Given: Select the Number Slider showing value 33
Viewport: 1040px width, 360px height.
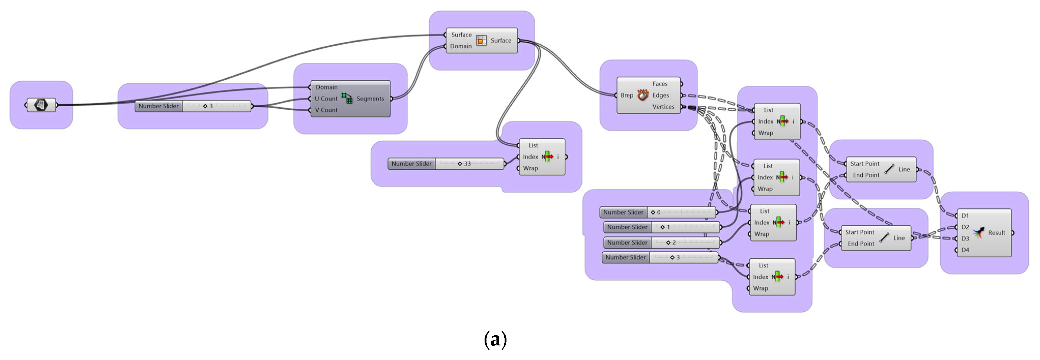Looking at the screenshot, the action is tap(446, 164).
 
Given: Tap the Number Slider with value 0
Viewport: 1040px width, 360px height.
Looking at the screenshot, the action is tap(658, 212).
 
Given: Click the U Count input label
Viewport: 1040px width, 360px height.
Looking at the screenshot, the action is tap(326, 98).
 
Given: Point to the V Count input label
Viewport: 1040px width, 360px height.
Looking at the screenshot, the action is tap(326, 110).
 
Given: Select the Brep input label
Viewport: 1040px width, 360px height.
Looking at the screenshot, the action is tap(627, 95).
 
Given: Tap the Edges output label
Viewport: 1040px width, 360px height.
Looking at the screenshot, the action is tap(661, 95).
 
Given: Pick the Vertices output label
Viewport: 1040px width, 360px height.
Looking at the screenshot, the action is tap(663, 106).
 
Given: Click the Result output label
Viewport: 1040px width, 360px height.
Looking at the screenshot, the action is tap(996, 233).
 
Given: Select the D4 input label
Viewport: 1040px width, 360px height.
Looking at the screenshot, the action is tap(965, 250).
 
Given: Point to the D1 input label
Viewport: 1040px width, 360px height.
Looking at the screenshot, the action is tap(965, 215).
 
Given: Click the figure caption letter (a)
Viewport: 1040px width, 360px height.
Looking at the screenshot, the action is tap(495, 339).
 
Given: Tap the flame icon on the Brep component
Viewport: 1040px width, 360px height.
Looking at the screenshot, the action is tap(643, 95).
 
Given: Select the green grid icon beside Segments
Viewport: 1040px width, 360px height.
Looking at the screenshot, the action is tap(347, 98).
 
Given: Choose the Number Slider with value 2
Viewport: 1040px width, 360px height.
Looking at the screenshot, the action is tap(662, 242).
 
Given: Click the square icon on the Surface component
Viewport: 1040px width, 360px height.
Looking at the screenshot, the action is tap(481, 40).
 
